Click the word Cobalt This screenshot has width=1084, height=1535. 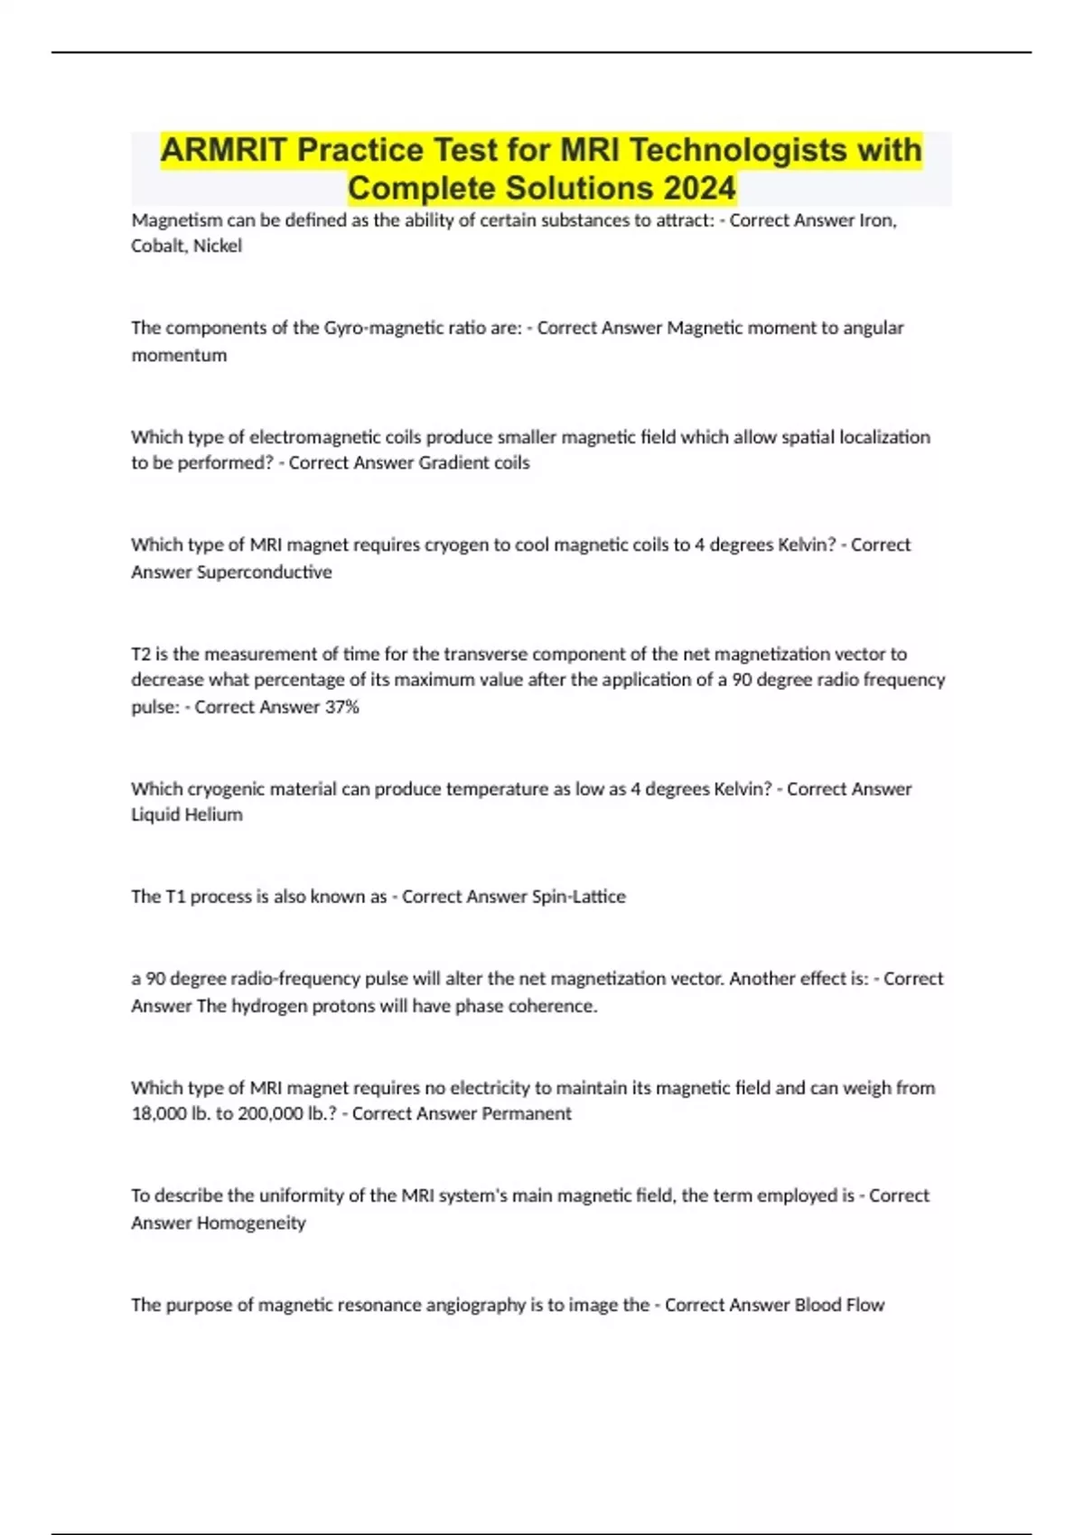156,246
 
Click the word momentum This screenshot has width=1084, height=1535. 179,355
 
